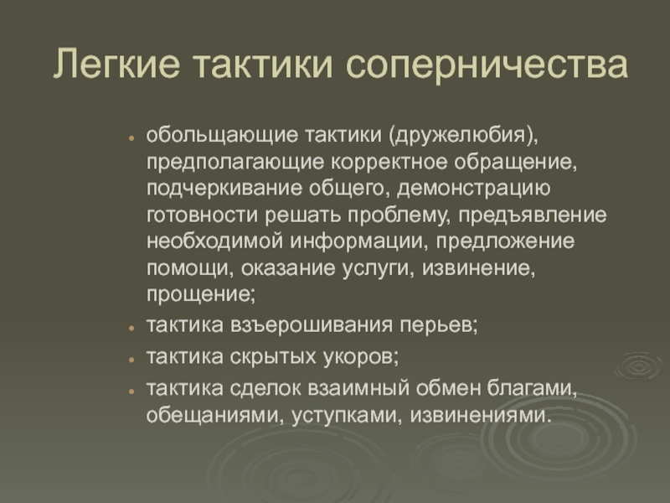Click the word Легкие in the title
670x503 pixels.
tap(116, 64)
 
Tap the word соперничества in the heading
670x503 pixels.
tap(487, 65)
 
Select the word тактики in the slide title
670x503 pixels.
tap(263, 65)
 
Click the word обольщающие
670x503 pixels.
tap(222, 135)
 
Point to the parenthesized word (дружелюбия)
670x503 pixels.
tap(464, 135)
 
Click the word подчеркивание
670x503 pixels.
tap(224, 189)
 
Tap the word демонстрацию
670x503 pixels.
tap(474, 189)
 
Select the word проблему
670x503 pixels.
tap(399, 215)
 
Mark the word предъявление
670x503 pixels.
tap(533, 215)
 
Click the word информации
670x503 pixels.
tap(359, 241)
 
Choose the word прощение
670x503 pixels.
tap(201, 295)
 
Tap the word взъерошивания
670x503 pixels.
tap(312, 325)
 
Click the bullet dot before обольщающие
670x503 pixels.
tap(131, 137)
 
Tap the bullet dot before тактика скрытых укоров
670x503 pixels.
tap(131, 360)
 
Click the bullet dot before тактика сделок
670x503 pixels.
tap(131, 391)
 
